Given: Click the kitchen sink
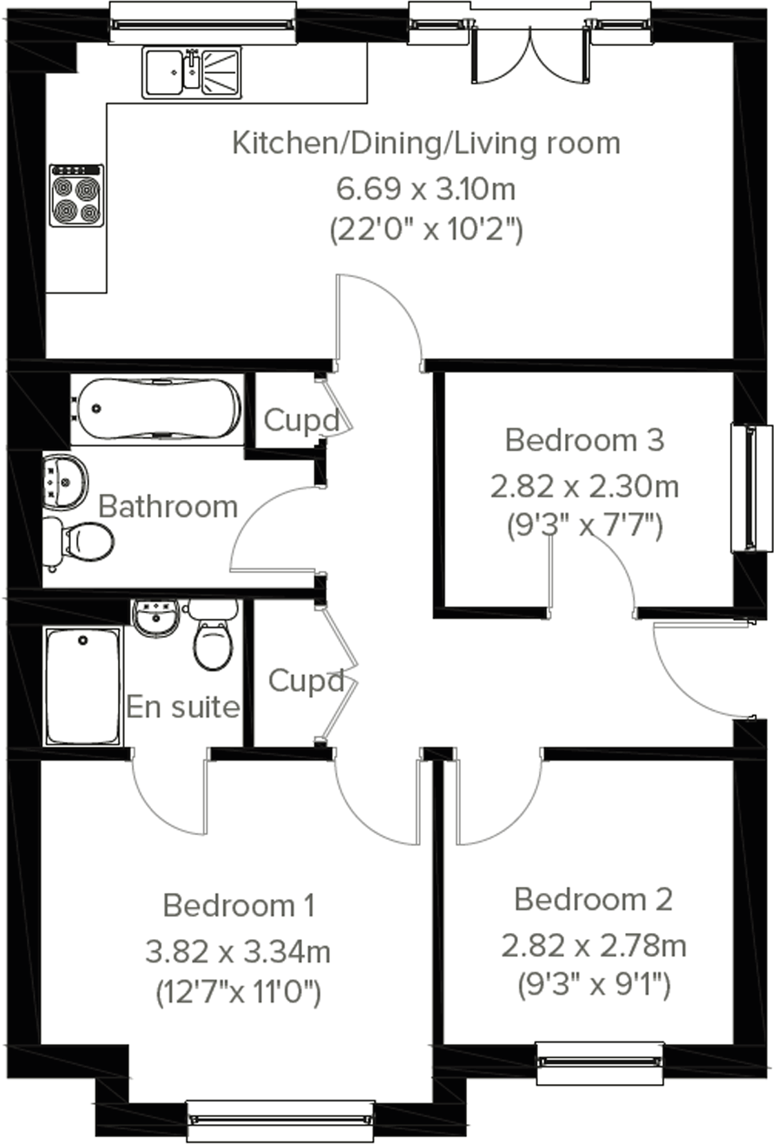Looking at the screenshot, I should [x=192, y=72].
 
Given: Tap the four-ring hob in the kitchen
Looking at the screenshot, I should [x=77, y=196].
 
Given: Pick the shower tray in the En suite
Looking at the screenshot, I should [x=83, y=685].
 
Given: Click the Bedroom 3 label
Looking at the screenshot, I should [x=584, y=440].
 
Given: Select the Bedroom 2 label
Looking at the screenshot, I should [x=593, y=899].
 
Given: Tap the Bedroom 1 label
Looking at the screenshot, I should [x=239, y=905].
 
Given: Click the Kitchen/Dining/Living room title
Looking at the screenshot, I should [x=426, y=143].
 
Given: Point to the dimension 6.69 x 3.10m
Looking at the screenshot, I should [x=426, y=188].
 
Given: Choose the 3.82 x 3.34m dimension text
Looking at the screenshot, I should [x=238, y=952].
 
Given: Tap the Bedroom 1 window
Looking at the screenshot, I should [x=280, y=1121].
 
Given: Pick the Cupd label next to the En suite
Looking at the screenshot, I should [x=306, y=681].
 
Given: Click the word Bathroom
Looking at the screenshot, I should [x=168, y=507].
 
